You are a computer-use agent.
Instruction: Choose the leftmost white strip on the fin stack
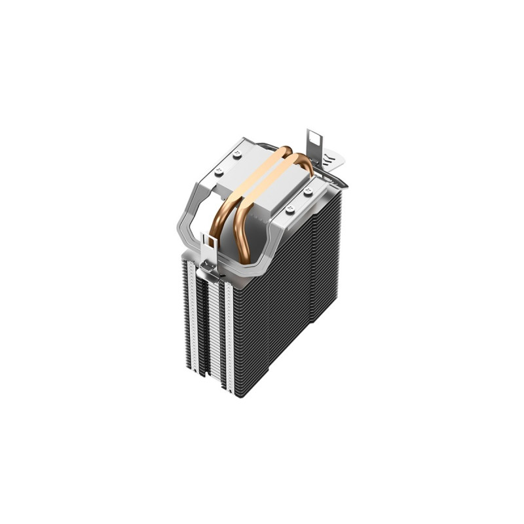191,314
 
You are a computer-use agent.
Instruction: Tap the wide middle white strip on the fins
214,327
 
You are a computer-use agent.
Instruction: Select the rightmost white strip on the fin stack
229,334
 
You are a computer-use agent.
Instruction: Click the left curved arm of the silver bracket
187,216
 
